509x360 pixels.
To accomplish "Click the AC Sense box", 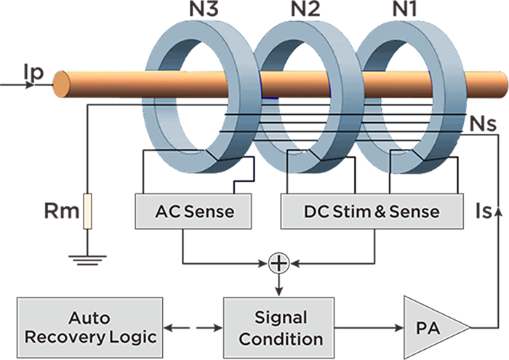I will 193,211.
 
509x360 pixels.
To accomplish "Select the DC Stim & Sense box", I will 371,211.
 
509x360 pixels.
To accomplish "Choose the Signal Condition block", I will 281,328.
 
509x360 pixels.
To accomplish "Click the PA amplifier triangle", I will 429,328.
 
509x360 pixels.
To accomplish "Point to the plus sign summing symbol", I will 278,263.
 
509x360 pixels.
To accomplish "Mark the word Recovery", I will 61,339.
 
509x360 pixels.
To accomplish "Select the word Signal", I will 281,318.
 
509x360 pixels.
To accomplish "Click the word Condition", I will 281,339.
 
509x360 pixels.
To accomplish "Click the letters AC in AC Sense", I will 166,212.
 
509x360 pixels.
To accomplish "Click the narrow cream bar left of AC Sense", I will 87,212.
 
